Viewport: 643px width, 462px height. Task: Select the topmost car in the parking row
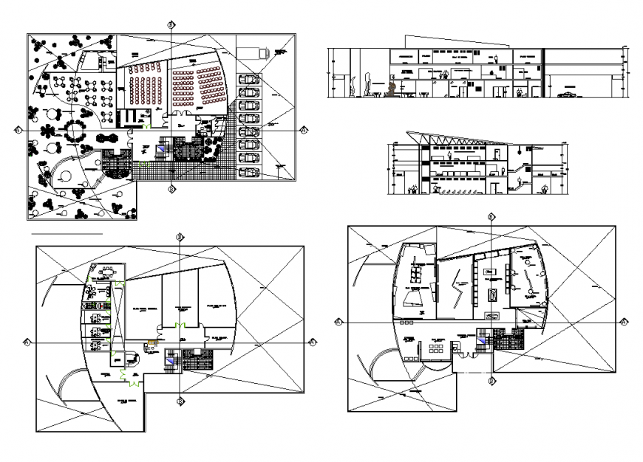click(x=250, y=79)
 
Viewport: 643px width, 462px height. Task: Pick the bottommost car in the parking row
click(x=250, y=172)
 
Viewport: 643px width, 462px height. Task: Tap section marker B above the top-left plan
click(x=171, y=24)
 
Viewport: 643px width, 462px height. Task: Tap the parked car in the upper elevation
click(x=568, y=94)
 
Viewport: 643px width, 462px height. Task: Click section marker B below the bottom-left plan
click(x=180, y=401)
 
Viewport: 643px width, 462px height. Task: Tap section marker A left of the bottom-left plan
click(x=27, y=342)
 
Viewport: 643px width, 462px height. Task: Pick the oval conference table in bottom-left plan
click(x=109, y=269)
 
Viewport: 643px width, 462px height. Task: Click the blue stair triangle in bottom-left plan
click(x=171, y=359)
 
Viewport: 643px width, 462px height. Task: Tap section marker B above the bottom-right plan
click(x=491, y=218)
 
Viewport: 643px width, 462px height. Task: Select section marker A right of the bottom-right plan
click(x=625, y=322)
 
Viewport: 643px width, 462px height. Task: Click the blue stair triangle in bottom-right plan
click(x=482, y=340)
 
